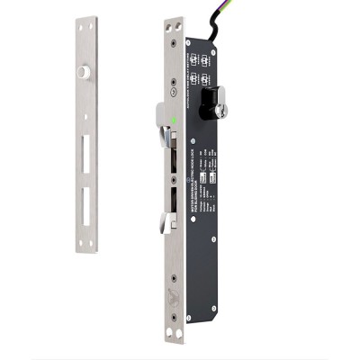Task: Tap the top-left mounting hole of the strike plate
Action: (x=80, y=27)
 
